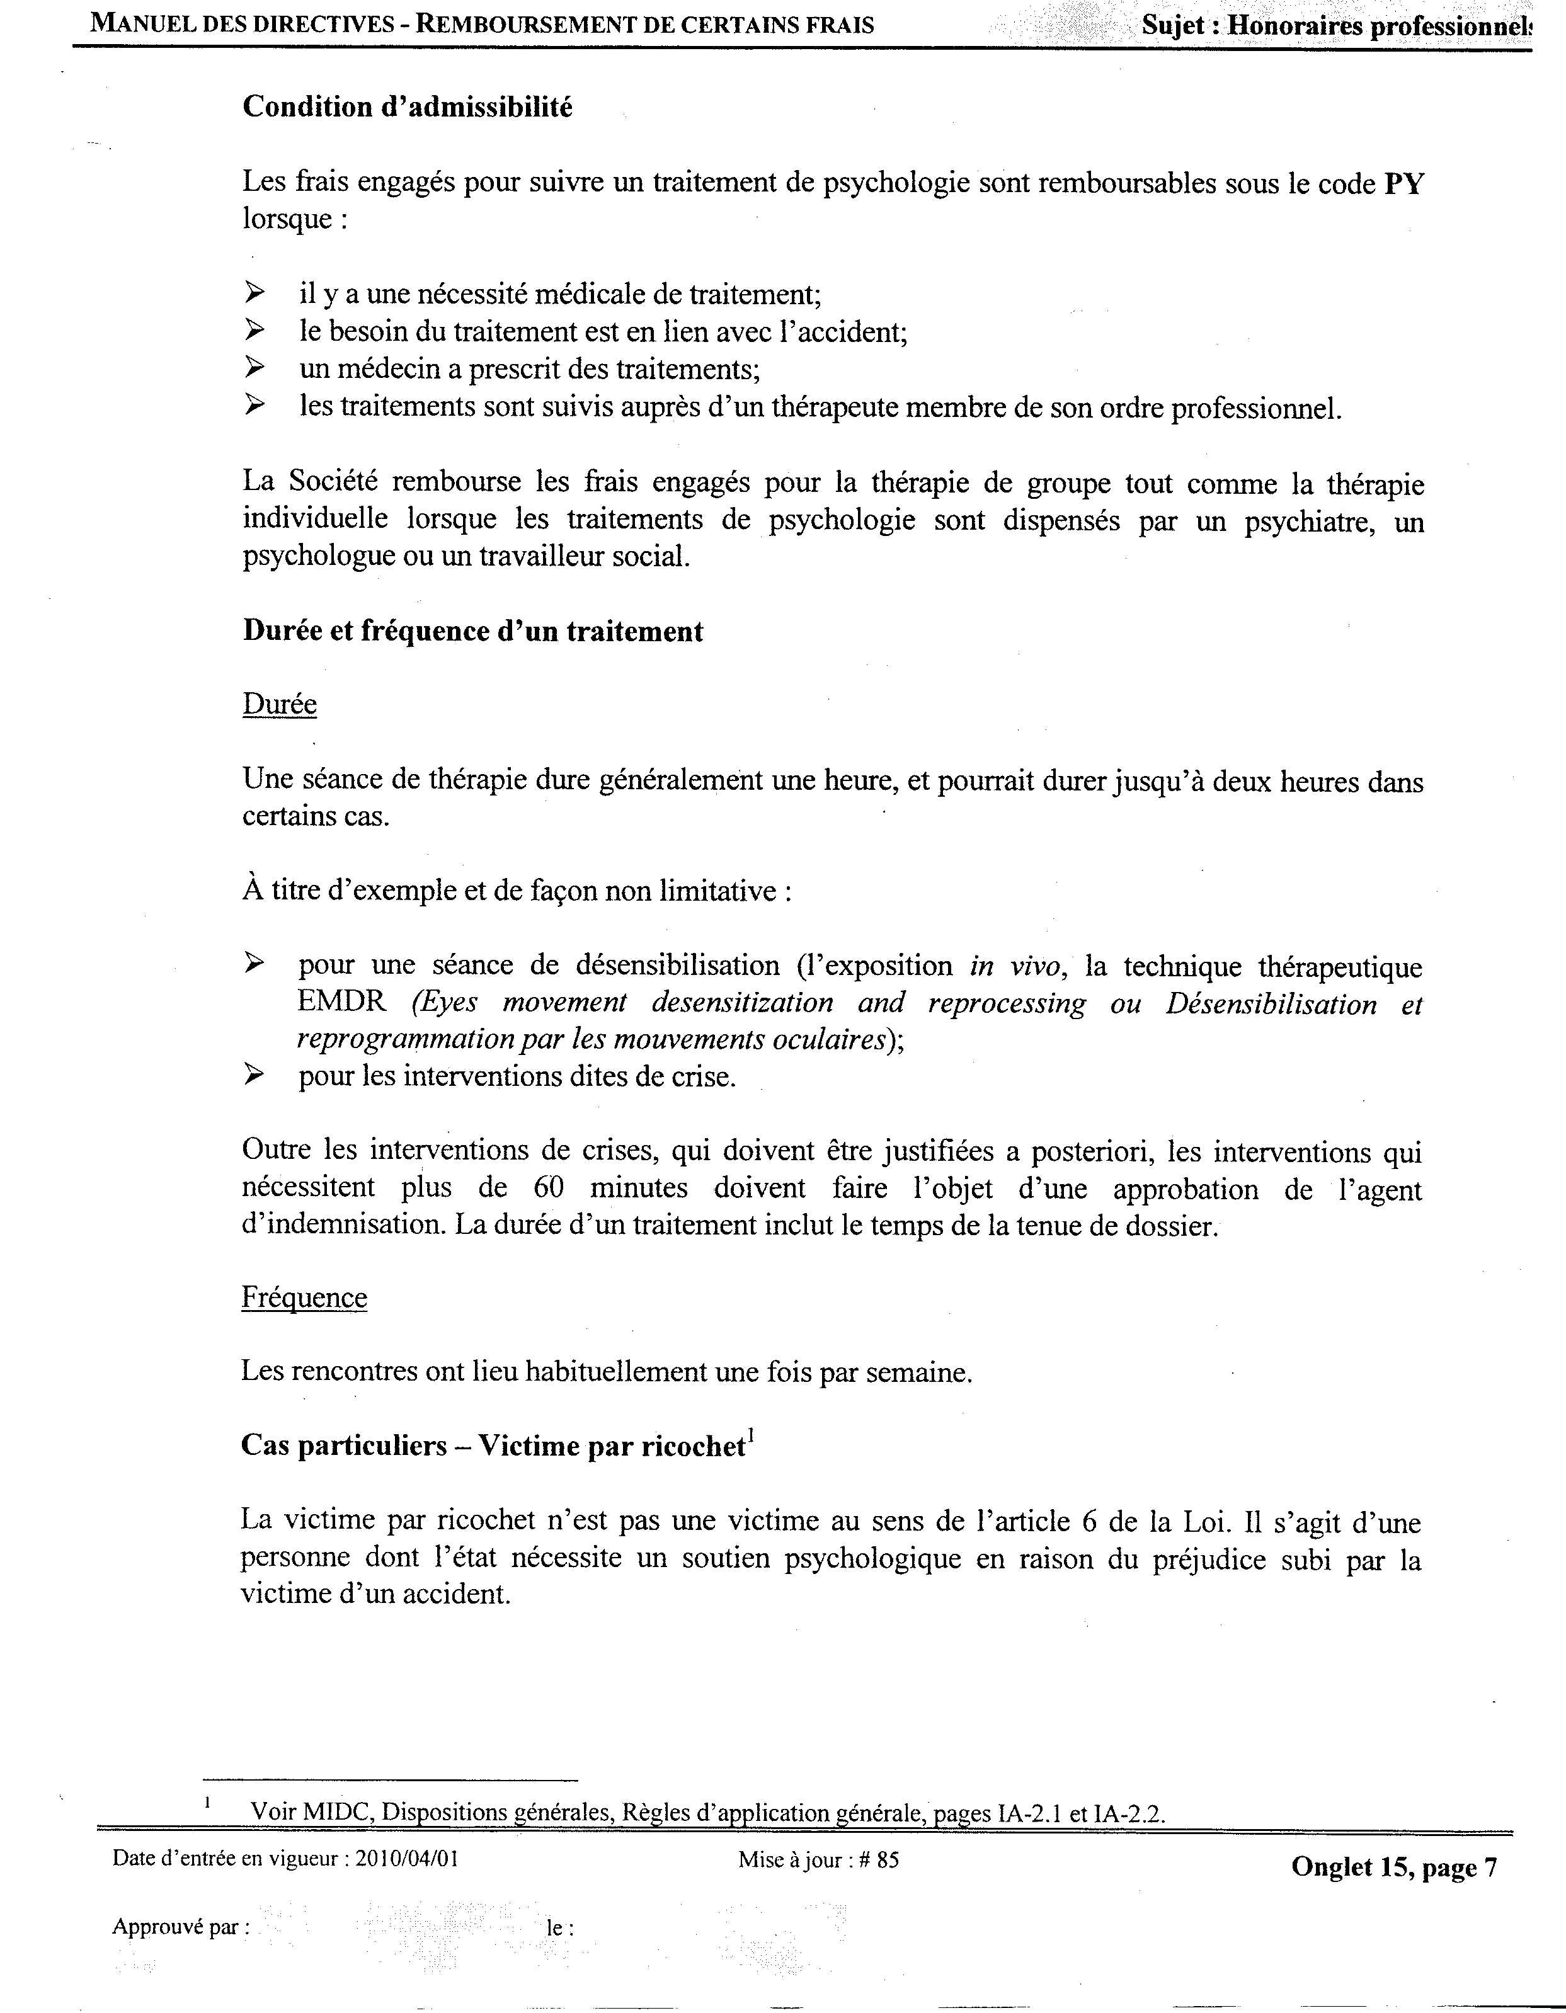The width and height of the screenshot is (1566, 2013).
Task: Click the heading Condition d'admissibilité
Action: tap(408, 108)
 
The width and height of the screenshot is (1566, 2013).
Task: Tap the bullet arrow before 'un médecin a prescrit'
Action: tap(254, 368)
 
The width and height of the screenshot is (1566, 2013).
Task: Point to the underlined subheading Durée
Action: tap(279, 705)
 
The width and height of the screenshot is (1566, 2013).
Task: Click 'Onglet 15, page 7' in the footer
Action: tap(1393, 1868)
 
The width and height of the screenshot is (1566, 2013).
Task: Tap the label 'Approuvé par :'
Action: tap(181, 1927)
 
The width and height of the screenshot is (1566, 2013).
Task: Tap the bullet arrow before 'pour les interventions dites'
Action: tap(254, 1074)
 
